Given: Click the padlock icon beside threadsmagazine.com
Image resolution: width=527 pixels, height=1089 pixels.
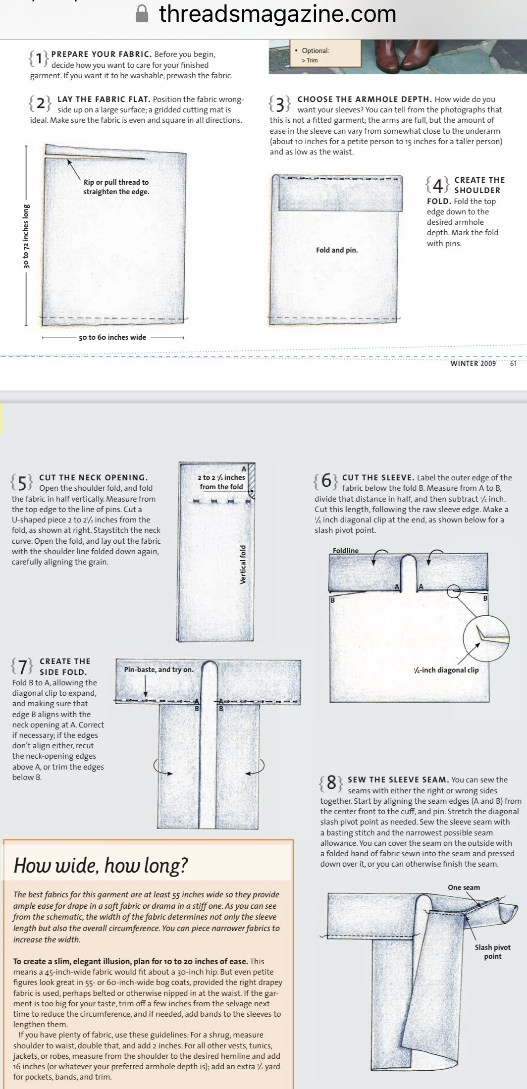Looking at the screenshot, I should coord(142,13).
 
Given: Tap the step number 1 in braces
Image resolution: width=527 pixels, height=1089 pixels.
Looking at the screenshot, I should coord(39,58).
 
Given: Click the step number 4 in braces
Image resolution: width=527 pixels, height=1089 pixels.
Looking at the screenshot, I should coord(438,185).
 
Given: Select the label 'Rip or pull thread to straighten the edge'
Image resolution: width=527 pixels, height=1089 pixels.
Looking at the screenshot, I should coord(116,187).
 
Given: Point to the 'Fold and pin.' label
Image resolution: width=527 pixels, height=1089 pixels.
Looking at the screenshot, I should coord(337,250).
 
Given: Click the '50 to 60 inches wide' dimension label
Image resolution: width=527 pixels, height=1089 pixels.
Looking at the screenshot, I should coord(112,337).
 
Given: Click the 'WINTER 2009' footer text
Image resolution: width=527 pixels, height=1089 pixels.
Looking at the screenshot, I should coord(473,363).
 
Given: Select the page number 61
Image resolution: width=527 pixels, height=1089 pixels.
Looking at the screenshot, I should coord(513,363).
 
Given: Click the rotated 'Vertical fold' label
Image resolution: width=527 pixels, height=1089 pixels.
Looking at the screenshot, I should coord(243,565).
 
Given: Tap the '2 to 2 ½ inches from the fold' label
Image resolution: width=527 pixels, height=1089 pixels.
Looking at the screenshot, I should coord(221,482).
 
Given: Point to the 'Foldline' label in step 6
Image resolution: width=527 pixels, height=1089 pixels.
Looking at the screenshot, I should coord(346,550).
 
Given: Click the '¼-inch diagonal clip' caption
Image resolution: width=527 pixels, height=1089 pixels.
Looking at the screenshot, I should coord(446,670).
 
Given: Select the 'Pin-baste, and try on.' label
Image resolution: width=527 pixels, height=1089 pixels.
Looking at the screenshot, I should coord(158,670).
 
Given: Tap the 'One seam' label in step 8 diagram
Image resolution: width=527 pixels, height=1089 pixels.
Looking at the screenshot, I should coord(464,887).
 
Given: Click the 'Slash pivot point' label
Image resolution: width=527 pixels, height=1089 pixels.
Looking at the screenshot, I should coord(492,951).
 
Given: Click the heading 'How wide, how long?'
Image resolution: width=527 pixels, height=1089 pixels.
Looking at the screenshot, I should coord(101,865).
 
